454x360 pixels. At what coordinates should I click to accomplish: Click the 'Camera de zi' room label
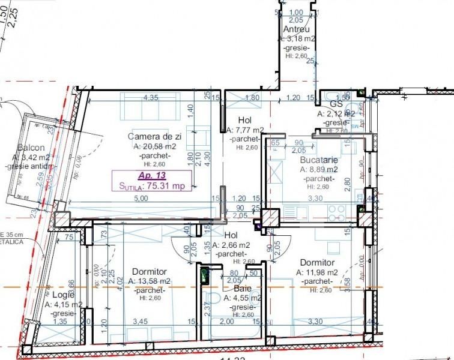154,137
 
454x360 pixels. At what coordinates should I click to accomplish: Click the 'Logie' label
62,295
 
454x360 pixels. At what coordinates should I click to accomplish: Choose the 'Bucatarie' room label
319,161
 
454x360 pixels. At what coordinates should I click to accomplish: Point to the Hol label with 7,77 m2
244,119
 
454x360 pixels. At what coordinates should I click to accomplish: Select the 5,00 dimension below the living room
141,199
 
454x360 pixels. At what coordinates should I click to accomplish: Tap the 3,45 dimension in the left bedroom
140,322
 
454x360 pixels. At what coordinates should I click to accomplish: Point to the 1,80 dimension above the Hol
253,97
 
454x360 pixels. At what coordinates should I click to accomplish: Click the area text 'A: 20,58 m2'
155,146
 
